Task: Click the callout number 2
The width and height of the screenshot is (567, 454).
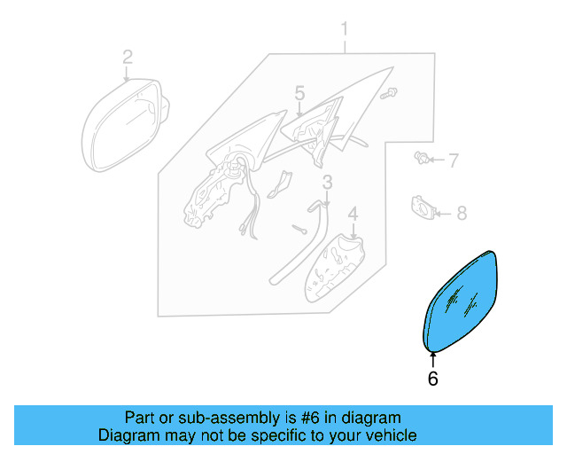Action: click(128, 58)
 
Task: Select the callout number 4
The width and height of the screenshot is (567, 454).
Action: click(352, 214)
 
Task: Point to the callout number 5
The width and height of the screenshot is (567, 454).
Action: click(299, 93)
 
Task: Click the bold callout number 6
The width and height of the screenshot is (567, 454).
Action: click(432, 379)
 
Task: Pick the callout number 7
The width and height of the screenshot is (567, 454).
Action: click(453, 160)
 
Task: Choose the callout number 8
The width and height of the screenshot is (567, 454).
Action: click(461, 213)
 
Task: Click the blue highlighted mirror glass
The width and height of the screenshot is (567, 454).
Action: click(462, 301)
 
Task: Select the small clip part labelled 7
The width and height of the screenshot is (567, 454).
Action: click(423, 160)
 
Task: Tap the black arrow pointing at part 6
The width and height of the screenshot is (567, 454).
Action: click(432, 359)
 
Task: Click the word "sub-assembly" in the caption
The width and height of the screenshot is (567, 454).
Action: click(207, 418)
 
